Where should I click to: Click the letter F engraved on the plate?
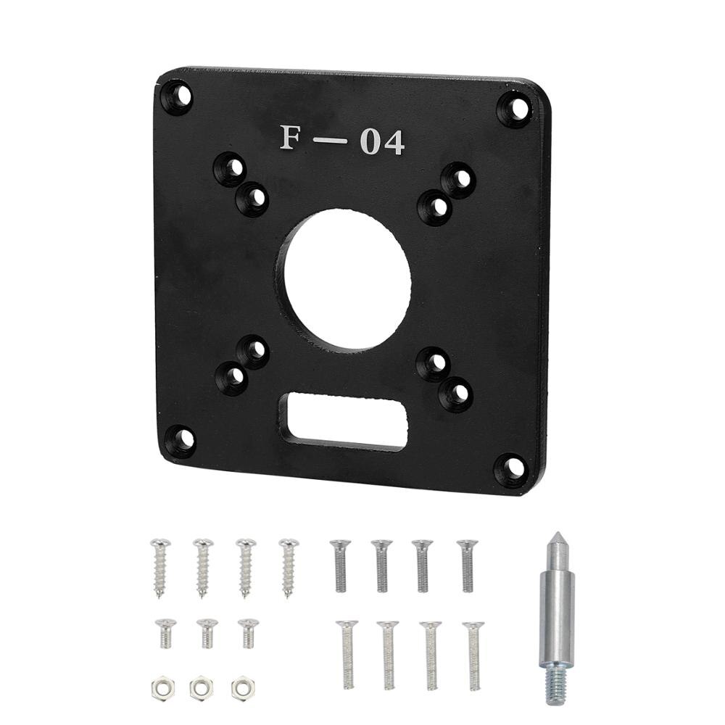291,138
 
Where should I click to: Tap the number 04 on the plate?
382,143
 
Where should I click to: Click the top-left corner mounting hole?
178,96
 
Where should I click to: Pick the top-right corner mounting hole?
515,109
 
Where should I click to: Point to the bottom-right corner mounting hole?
510,468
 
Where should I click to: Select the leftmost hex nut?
159,687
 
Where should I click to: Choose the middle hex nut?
201,688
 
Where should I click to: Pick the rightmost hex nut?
241,688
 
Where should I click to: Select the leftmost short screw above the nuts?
165,632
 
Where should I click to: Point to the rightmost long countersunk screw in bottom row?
473,654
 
